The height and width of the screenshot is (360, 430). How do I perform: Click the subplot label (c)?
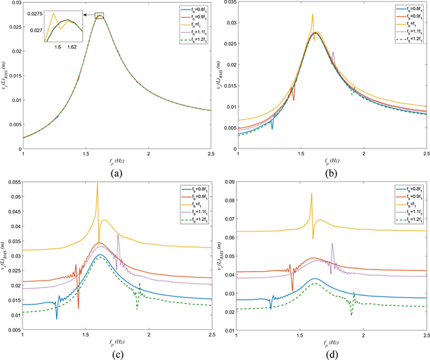click(x=115, y=354)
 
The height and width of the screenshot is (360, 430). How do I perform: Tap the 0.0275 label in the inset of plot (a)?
click(x=34, y=14)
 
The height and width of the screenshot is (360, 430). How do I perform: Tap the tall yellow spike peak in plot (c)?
click(x=98, y=183)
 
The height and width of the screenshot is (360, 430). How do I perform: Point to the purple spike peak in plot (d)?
click(x=332, y=244)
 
